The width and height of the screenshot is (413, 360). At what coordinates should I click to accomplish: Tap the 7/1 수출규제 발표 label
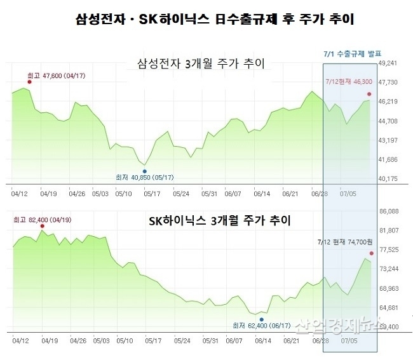[x=352, y=53]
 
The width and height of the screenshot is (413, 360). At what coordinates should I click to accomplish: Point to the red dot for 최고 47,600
[x=29, y=82]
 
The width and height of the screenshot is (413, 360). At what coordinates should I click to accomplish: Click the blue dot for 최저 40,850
[x=145, y=171]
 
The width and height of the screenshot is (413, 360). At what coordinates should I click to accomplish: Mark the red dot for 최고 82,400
[x=43, y=226]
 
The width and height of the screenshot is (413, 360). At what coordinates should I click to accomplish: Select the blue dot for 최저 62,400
[x=261, y=319]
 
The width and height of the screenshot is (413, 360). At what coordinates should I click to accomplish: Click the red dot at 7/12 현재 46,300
[x=370, y=94]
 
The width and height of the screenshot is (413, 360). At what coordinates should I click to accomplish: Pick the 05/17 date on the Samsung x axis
[x=152, y=194]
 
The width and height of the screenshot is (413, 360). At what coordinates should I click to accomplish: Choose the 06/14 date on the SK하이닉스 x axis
[x=262, y=341]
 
